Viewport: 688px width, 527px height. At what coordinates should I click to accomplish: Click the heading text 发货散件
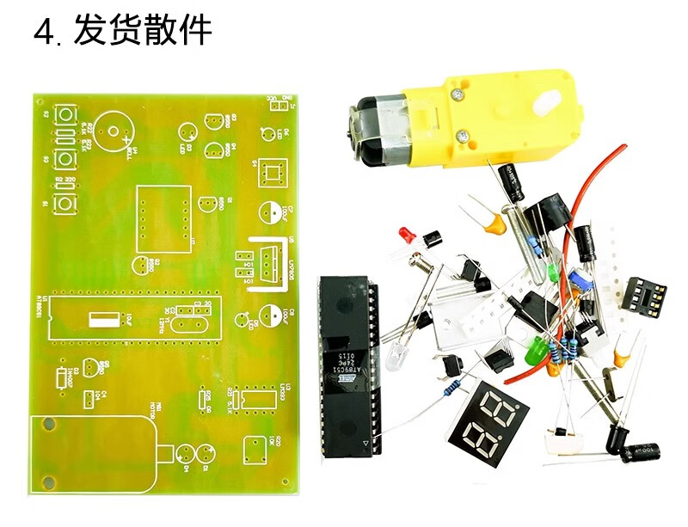[x=143, y=32]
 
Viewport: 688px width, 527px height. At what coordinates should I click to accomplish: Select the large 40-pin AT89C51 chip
[x=347, y=360]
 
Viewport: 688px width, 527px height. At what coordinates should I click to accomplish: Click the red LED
[x=406, y=235]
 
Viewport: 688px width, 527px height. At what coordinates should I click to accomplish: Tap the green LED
[x=537, y=351]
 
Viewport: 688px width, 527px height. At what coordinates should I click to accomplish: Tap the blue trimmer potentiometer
[x=582, y=280]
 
